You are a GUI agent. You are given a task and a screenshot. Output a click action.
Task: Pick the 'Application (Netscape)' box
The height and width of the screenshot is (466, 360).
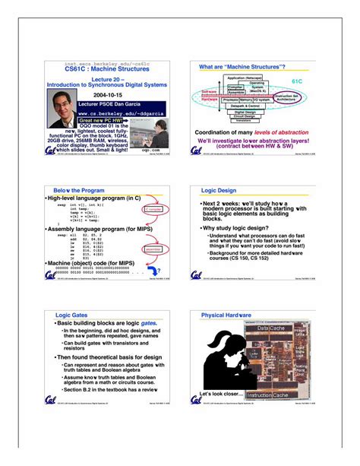click(x=245, y=78)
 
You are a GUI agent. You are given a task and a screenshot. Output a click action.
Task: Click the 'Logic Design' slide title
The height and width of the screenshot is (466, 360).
click(x=219, y=190)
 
